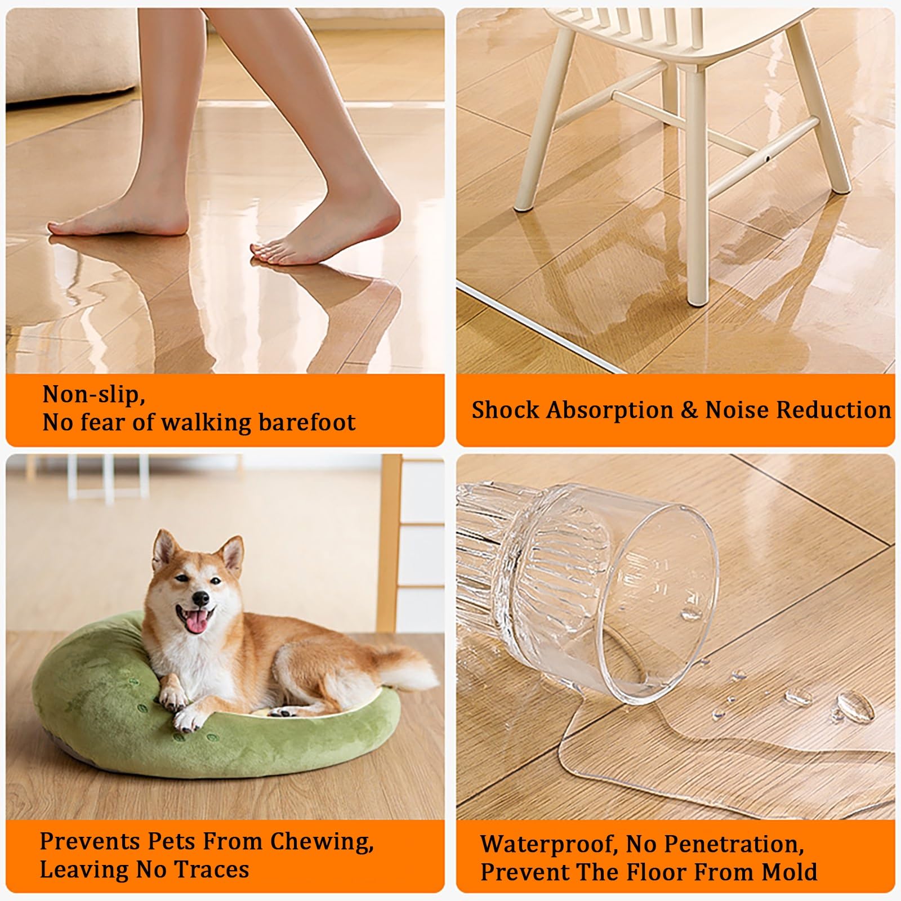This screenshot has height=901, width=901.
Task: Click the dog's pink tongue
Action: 195,620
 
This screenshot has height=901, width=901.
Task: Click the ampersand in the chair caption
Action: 689,411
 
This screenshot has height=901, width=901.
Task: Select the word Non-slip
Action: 93,395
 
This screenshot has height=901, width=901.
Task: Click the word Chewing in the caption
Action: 322,842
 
